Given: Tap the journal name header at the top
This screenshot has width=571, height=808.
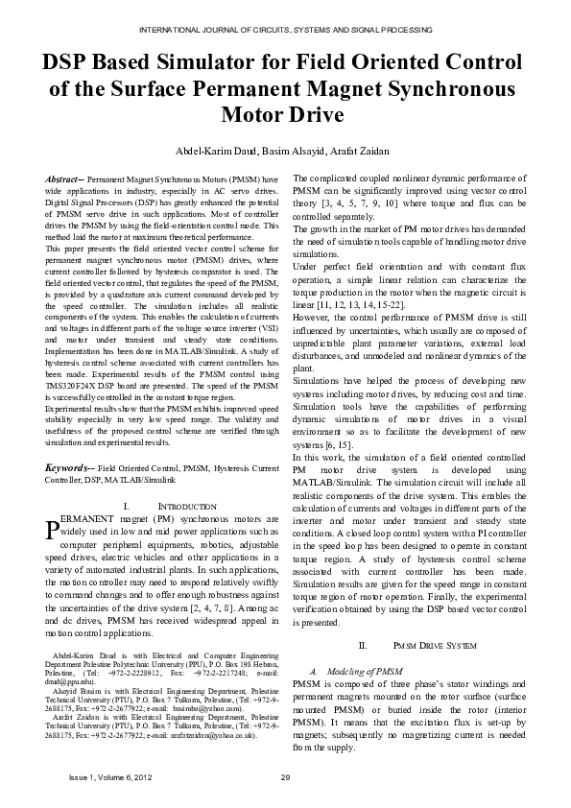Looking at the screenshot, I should pyautogui.click(x=285, y=32).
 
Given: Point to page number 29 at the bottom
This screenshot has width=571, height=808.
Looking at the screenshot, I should pyautogui.click(x=285, y=776).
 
